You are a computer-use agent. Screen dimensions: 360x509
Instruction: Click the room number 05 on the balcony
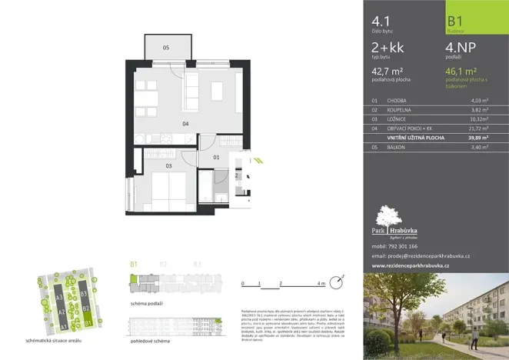click(166, 48)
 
